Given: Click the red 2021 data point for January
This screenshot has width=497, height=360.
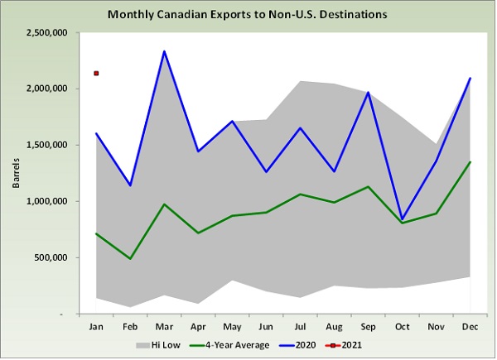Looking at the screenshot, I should pos(97,74).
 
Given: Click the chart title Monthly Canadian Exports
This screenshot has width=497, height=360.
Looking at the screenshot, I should pos(247,15).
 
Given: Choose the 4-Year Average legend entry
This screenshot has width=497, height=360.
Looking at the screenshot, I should pos(234,344).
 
